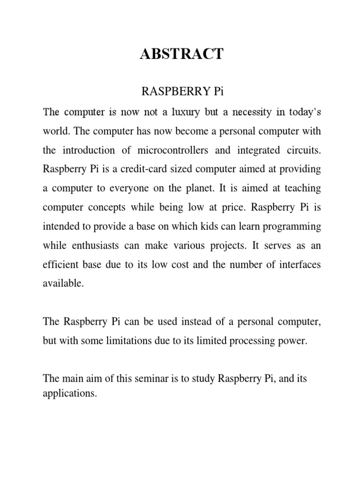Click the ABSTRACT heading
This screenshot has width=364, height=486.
coord(182,54)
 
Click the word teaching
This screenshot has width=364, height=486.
coord(300,188)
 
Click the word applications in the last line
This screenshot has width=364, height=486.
coord(69,393)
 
